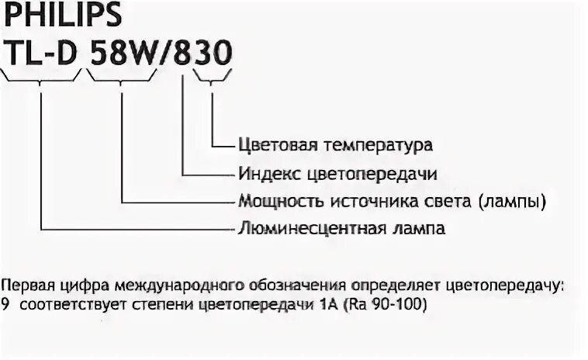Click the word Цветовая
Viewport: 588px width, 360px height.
[272, 145]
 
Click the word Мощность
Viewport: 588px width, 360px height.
[269, 201]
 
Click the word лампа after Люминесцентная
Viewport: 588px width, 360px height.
[418, 229]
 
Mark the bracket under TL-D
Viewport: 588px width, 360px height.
[41, 75]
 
